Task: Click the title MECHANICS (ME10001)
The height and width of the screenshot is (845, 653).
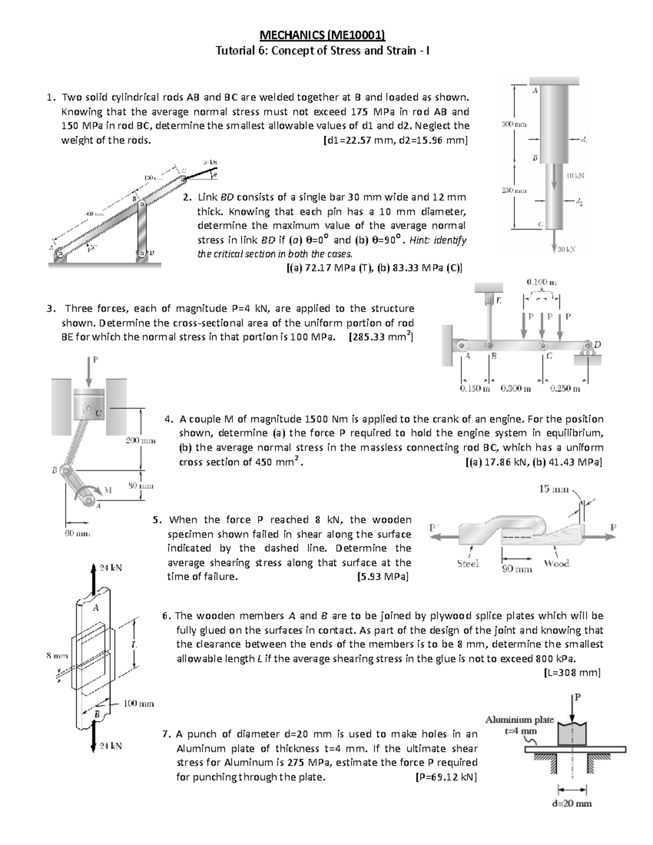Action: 323,36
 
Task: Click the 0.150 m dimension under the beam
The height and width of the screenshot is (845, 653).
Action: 475,388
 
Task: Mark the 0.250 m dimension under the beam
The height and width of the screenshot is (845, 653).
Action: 565,388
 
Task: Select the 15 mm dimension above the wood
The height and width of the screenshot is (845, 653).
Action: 553,489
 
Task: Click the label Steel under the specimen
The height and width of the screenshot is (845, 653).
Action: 468,564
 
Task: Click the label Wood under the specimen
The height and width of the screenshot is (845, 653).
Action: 556,564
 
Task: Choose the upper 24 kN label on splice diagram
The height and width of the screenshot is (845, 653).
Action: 110,568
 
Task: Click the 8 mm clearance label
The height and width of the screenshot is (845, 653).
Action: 57,656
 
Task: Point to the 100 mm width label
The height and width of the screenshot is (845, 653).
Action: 138,704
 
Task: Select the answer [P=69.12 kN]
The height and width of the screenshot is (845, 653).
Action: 445,777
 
